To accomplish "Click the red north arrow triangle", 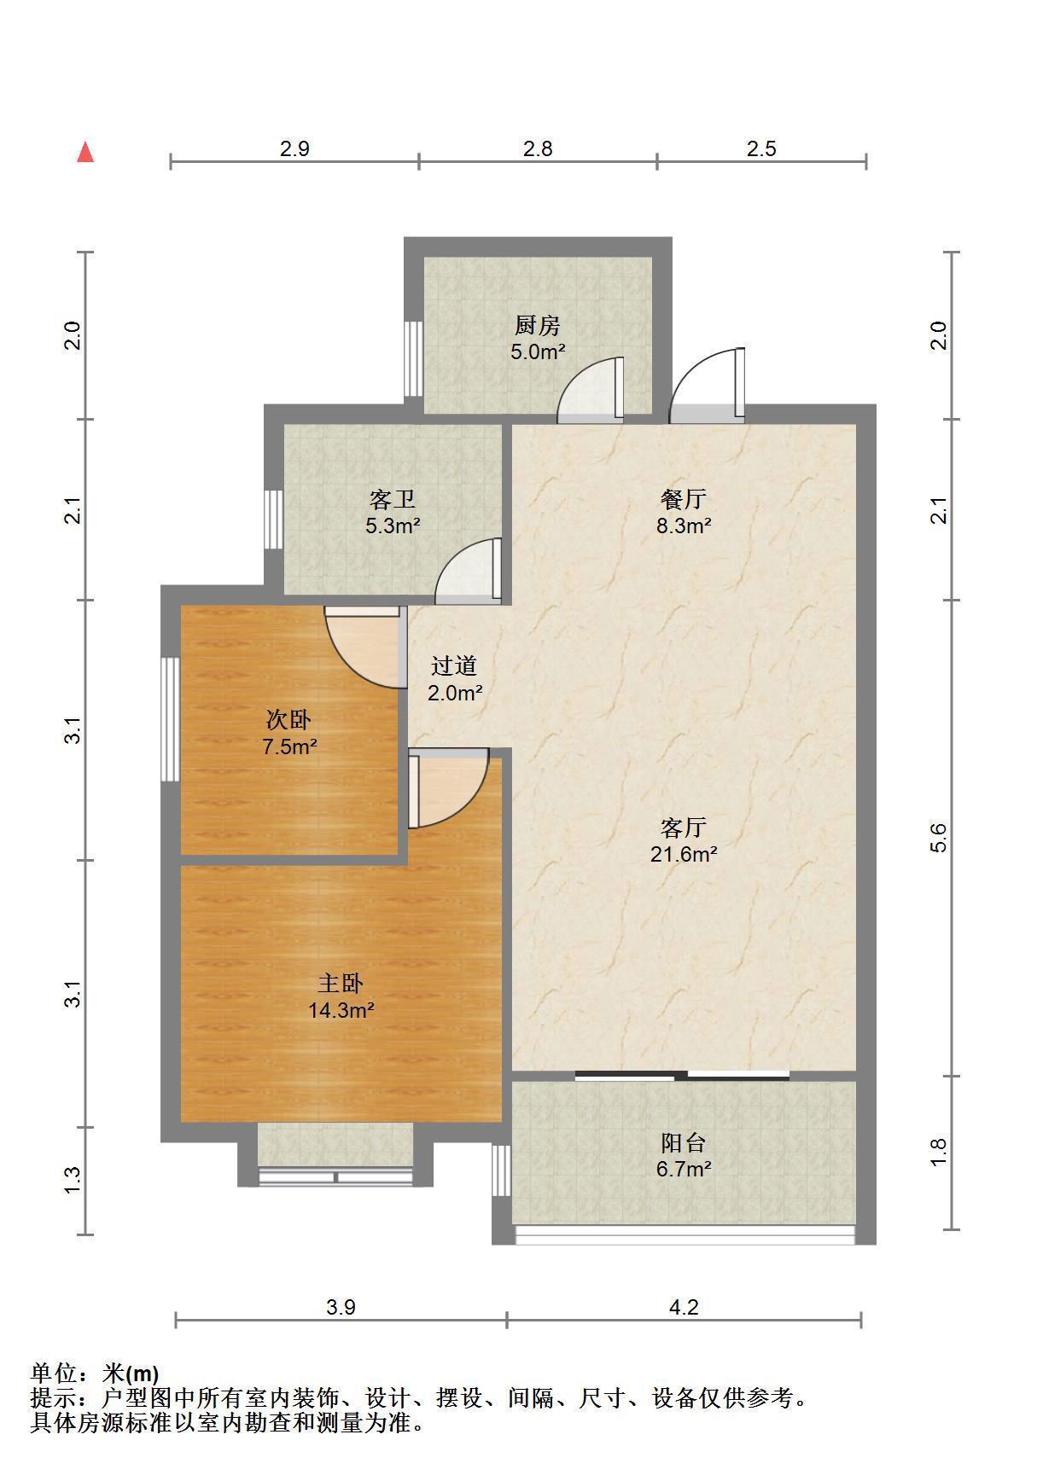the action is pyautogui.click(x=85, y=153).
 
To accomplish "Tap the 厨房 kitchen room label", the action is pyautogui.click(x=537, y=325).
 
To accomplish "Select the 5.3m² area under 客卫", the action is pyautogui.click(x=393, y=526).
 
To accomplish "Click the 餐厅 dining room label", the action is pyautogui.click(x=684, y=498).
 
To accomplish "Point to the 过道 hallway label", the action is pyautogui.click(x=453, y=665).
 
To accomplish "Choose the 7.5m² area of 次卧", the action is pyautogui.click(x=289, y=747).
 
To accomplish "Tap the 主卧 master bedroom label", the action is pyautogui.click(x=341, y=984).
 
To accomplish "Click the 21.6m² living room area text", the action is pyautogui.click(x=684, y=853).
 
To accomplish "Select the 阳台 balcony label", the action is pyautogui.click(x=684, y=1142).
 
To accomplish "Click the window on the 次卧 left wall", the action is pyautogui.click(x=170, y=719).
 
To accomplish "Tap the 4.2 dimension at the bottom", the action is pyautogui.click(x=684, y=1307).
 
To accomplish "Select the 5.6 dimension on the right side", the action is pyautogui.click(x=939, y=838).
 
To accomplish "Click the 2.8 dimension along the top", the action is pyautogui.click(x=538, y=148).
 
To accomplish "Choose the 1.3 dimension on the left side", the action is pyautogui.click(x=73, y=1180).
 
